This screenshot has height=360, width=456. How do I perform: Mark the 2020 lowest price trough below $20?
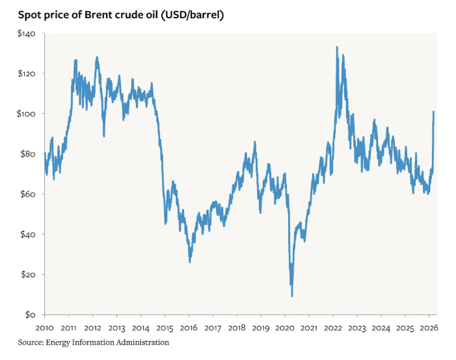click(292, 296)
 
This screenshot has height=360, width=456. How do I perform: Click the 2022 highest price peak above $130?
click(336, 47)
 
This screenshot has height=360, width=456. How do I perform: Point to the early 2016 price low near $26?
click(190, 262)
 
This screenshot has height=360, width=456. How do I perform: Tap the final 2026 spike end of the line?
click(434, 112)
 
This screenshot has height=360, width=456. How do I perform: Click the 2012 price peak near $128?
click(97, 57)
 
